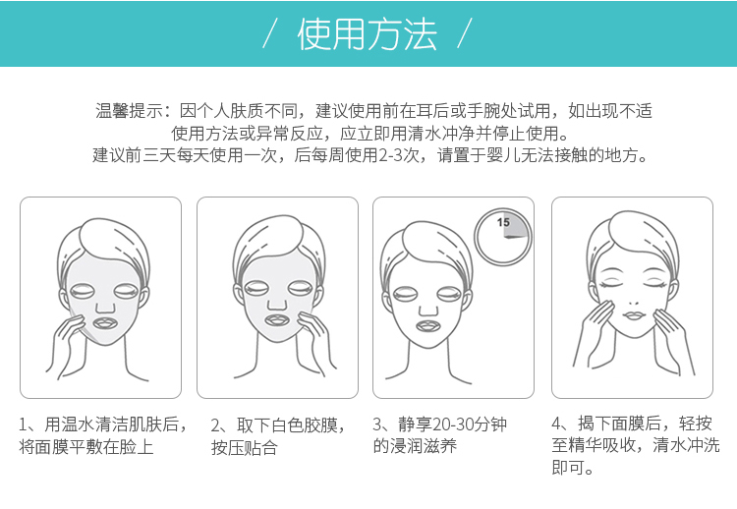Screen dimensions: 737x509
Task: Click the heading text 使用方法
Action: (368, 33)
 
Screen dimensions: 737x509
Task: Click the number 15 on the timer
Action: (503, 222)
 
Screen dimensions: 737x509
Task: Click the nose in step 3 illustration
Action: (428, 310)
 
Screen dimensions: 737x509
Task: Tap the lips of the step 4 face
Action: (633, 314)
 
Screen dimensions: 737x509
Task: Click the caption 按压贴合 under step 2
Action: (245, 447)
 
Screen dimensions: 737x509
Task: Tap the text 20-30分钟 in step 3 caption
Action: (470, 424)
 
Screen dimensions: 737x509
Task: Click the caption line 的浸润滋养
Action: (415, 446)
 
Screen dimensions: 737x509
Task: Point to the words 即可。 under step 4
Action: (573, 468)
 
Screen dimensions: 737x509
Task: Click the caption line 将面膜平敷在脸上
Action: (86, 446)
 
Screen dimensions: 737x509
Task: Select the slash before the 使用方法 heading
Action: (269, 33)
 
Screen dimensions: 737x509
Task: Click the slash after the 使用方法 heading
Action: (464, 33)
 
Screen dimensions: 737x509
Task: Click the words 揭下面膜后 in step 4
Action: (619, 424)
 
